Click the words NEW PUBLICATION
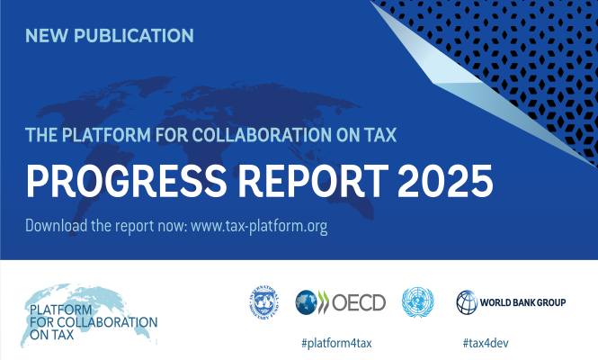(110, 36)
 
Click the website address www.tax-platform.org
(258, 225)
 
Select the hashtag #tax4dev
(486, 342)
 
